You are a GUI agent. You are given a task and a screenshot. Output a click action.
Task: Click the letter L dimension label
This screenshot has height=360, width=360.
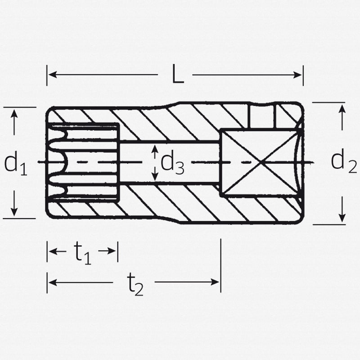click(x=178, y=74)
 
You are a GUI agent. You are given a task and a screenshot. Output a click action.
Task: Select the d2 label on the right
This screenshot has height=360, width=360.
click(x=344, y=160)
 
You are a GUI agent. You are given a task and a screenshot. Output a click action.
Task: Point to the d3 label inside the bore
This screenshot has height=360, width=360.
click(x=172, y=163)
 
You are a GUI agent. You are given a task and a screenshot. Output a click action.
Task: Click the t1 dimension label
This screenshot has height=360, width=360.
click(x=82, y=253)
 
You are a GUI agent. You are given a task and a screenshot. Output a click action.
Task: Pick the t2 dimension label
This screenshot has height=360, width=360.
click(x=135, y=284)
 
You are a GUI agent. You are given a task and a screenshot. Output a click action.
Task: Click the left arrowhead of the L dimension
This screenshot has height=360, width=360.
click(x=53, y=75)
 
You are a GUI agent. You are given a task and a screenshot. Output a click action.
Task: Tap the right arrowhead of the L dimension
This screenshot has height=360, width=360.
click(x=297, y=75)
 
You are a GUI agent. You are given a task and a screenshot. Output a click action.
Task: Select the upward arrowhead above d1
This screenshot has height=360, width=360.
click(x=14, y=114)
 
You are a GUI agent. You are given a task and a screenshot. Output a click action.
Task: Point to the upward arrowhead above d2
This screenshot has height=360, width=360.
click(x=342, y=108)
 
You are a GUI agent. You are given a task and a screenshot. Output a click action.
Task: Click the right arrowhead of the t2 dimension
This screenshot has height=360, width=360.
click(x=215, y=282)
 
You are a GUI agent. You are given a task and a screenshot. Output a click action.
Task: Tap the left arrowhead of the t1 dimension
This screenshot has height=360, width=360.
click(x=53, y=251)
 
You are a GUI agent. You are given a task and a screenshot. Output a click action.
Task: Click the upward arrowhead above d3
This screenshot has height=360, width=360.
click(x=155, y=148)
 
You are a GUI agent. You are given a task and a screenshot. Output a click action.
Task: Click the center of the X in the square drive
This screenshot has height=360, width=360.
click(x=260, y=163)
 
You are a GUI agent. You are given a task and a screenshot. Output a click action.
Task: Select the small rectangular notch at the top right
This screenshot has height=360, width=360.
click(x=261, y=116)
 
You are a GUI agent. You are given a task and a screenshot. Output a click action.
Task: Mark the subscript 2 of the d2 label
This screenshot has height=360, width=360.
click(x=352, y=167)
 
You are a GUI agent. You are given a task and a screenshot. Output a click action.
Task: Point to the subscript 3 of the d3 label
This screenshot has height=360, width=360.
click(x=180, y=168)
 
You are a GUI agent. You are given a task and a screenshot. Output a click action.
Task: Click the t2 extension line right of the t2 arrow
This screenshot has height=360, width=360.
click(x=221, y=265)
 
